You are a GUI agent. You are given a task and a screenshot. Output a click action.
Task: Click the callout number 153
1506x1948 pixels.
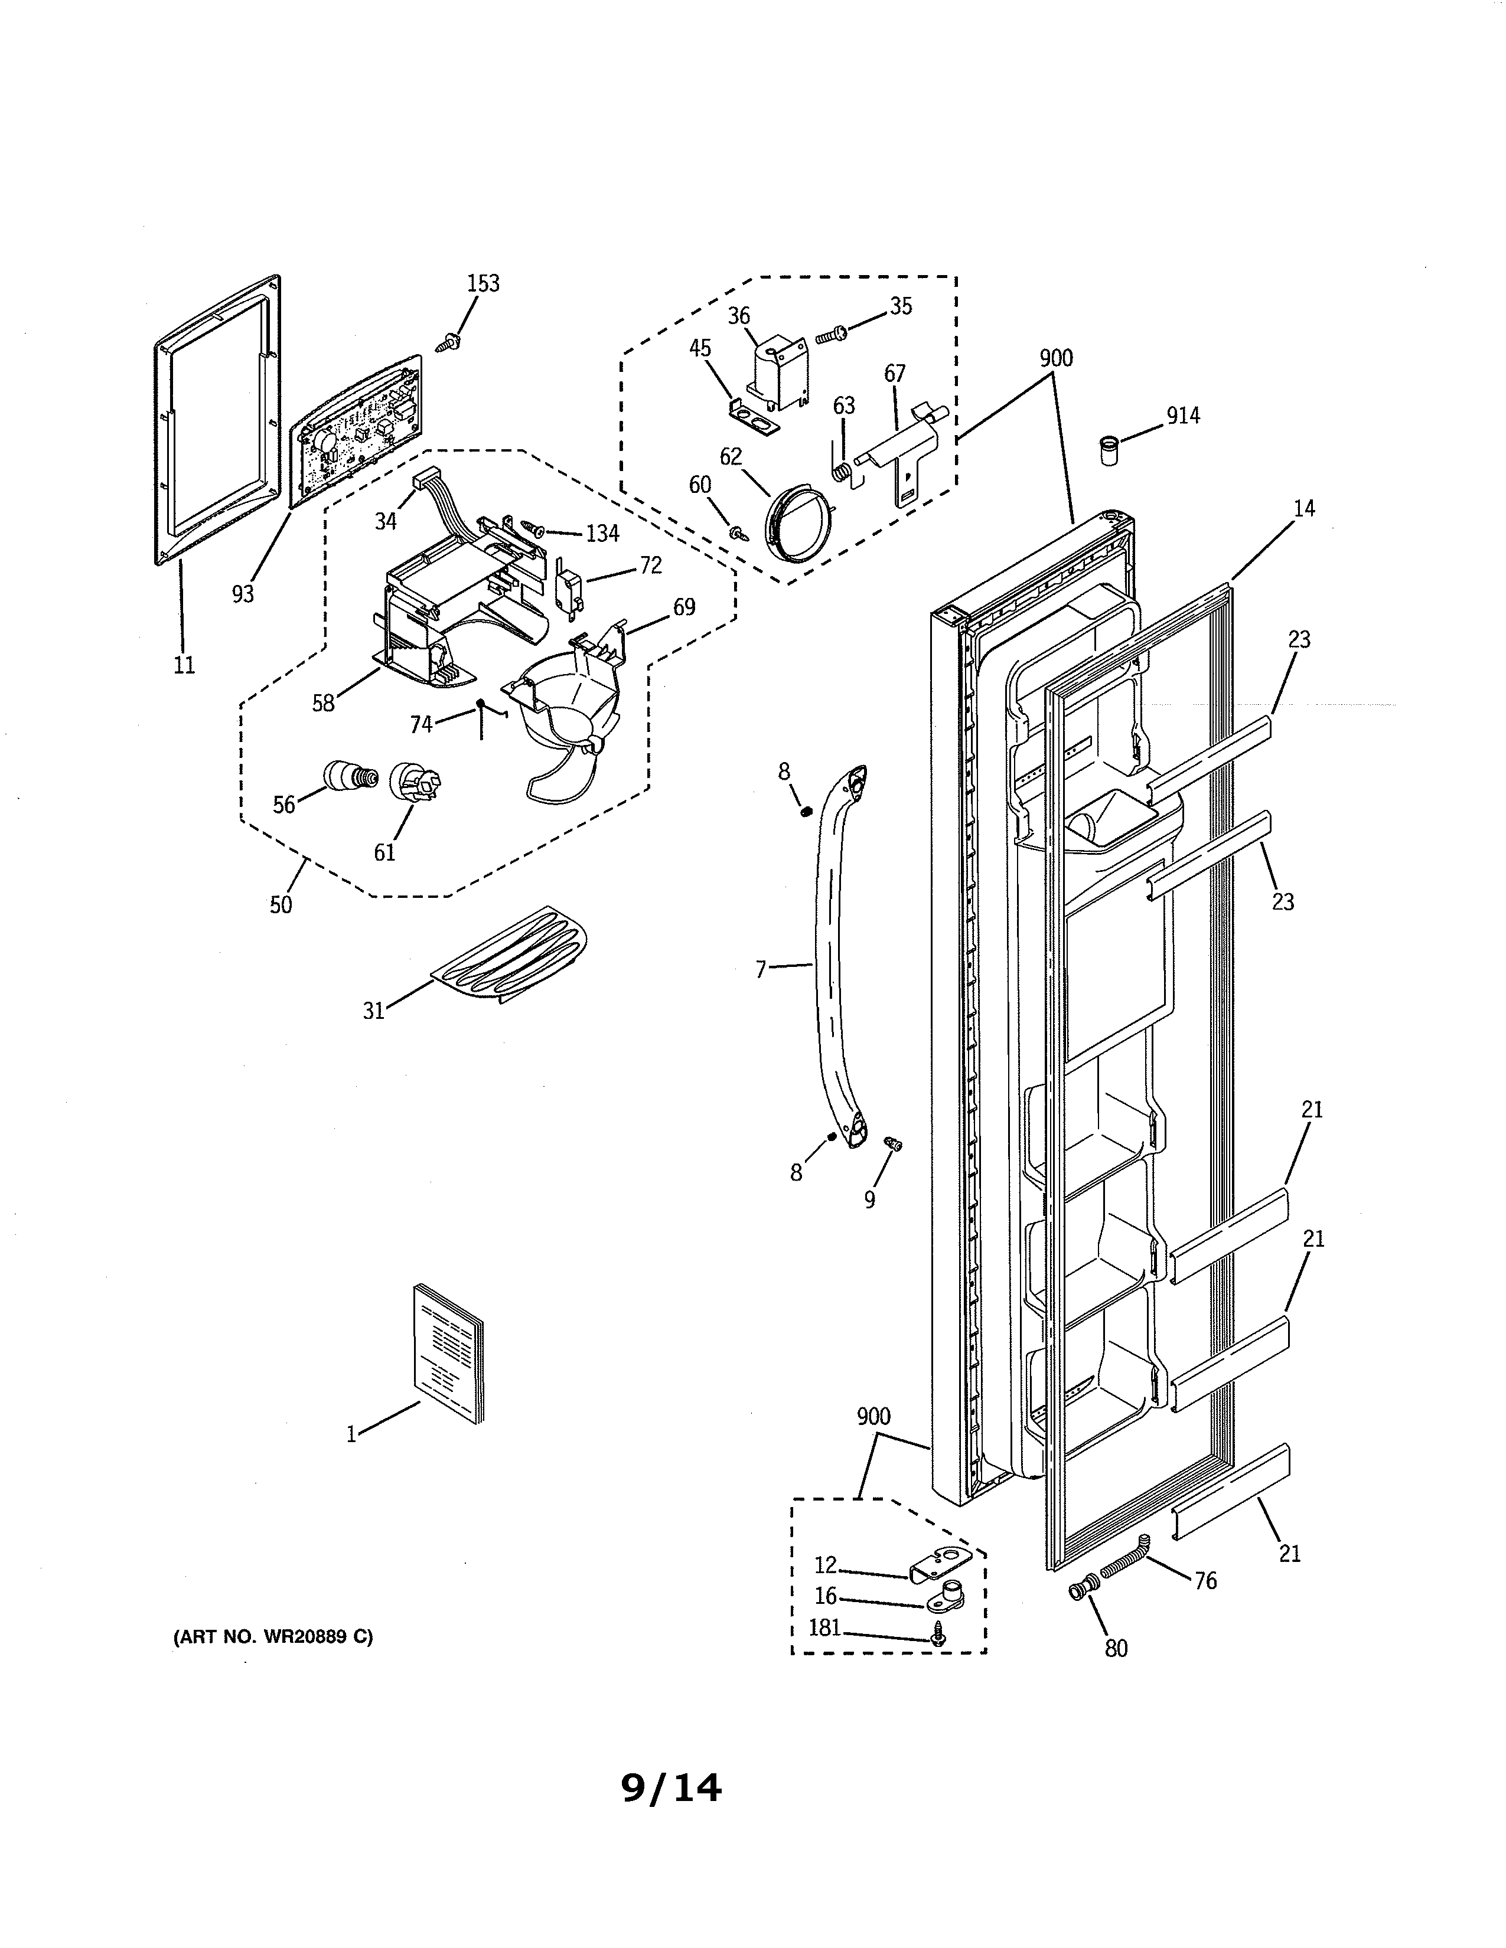click(x=484, y=283)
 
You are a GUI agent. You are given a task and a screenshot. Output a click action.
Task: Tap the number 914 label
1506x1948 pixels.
click(x=1183, y=416)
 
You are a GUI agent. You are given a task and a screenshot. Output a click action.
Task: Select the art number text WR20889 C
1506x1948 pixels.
click(x=273, y=1637)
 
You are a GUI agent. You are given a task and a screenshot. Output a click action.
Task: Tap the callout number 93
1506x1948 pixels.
click(x=243, y=594)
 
